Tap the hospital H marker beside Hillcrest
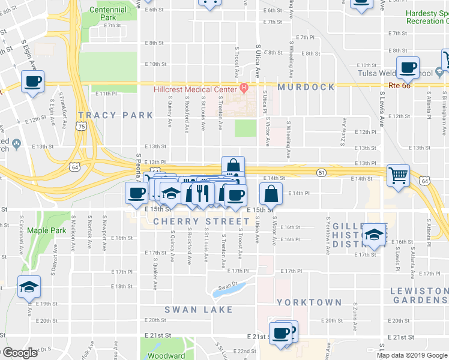tap(244, 89)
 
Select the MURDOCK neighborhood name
tap(306, 88)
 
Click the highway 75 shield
tap(81, 126)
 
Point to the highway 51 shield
tap(322, 173)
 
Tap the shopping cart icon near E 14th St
tap(398, 176)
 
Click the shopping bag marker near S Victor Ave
tap(271, 194)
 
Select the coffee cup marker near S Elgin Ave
tap(32, 81)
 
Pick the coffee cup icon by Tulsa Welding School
tap(408, 68)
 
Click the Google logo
tap(19, 353)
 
